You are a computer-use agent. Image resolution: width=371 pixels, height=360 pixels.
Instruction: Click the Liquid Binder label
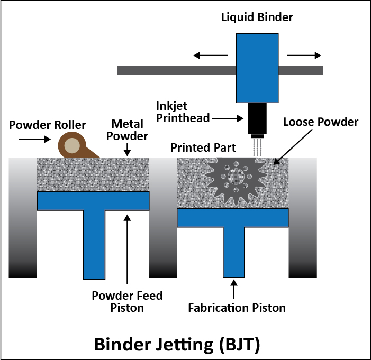[257, 18]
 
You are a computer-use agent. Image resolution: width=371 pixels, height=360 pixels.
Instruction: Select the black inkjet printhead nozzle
[257, 119]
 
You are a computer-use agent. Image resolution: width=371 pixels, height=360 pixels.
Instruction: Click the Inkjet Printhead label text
[183, 112]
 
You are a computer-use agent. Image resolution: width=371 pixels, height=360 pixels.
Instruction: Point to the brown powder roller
[72, 144]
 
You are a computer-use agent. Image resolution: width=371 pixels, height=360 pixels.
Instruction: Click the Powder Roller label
[48, 125]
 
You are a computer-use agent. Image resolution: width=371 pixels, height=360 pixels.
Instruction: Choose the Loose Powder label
[321, 122]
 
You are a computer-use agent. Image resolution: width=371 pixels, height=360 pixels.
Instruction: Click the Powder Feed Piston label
[127, 301]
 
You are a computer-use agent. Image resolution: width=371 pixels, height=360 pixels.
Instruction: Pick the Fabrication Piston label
[237, 307]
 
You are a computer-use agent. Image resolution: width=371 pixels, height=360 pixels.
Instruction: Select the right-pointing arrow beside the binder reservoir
[304, 55]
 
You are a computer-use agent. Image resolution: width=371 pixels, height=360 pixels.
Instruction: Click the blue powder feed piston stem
[94, 243]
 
